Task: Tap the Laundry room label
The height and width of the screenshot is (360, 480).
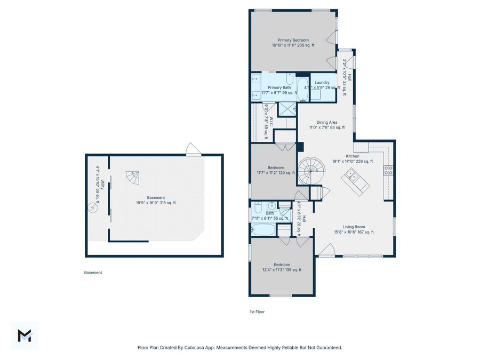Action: point(322,83)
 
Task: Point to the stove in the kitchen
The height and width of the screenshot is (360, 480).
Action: point(389,170)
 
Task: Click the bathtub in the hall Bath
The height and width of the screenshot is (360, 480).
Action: point(263,230)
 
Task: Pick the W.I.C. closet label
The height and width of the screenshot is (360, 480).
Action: point(271,122)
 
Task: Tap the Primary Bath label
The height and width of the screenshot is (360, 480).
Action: point(279,87)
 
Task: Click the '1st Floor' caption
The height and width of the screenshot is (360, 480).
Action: point(257,311)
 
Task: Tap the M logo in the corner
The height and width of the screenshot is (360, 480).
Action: point(25,335)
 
